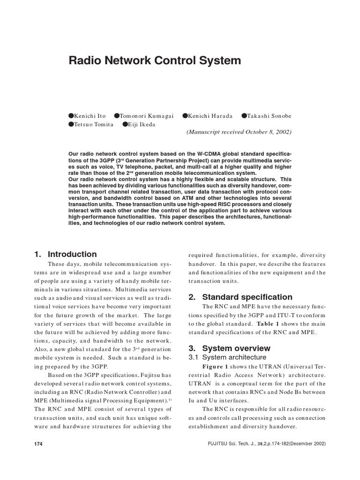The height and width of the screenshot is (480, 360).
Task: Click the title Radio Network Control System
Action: point(155,60)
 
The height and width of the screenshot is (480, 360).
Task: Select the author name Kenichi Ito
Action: point(90,116)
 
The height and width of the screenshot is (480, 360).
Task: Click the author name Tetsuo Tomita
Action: point(94,124)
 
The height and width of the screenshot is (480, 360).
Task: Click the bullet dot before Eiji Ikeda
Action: point(125,124)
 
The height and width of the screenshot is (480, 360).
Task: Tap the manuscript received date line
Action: point(239,132)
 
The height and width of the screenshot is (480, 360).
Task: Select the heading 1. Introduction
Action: point(65,255)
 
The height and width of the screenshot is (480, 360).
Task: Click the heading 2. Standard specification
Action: point(240,297)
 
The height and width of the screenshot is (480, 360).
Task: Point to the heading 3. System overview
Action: point(229,348)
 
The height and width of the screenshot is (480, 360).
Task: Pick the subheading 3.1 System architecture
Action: point(227,357)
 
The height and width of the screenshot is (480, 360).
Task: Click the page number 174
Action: point(38,444)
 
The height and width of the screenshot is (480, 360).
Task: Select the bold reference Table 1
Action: point(267,324)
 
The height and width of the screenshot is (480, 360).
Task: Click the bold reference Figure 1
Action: point(216,366)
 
